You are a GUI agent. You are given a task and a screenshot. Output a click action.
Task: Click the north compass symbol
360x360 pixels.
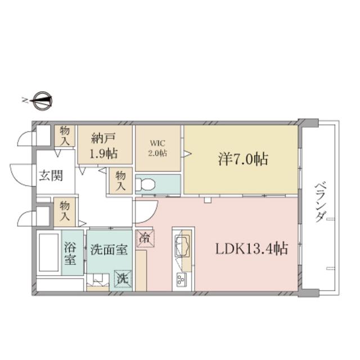point(43,101)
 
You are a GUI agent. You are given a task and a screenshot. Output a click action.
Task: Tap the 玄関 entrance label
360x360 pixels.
point(51,176)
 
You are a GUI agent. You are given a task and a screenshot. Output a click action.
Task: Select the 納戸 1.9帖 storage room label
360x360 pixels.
point(103,146)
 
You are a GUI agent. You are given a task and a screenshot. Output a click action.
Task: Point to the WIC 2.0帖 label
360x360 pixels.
point(157,148)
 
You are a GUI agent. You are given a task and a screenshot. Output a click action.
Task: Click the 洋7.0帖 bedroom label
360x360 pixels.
point(242,159)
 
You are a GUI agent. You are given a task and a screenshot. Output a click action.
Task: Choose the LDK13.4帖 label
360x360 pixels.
point(251,249)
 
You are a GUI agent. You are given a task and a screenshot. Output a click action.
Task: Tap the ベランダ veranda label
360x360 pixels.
point(320,202)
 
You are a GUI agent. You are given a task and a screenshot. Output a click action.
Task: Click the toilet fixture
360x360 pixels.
point(145,184)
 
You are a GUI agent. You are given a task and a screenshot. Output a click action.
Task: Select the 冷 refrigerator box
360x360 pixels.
point(145,238)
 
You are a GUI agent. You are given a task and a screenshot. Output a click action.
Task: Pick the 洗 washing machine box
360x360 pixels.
point(124,279)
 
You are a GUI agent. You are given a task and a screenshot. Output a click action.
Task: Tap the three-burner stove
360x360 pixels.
point(181,279)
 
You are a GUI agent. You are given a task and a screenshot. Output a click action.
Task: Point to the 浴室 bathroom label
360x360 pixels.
point(70,253)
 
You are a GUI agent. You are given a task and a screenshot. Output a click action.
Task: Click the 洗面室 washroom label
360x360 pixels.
point(109,250)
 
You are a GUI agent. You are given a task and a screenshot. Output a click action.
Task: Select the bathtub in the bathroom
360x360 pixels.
point(49,253)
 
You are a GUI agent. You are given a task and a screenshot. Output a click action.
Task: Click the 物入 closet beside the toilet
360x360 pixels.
point(120,181)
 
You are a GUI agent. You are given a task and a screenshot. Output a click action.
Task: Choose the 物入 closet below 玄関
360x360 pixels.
point(65,211)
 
